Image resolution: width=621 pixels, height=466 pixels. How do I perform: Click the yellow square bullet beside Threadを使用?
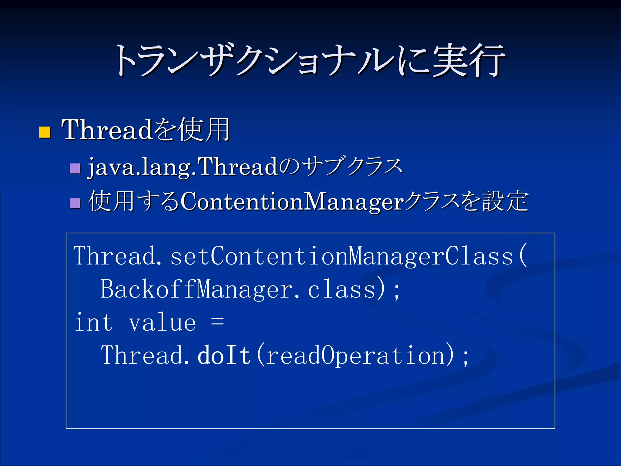tap(45, 133)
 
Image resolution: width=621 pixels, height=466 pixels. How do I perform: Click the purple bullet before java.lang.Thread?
tap(75, 168)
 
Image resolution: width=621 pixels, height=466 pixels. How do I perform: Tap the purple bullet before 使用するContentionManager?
tap(75, 203)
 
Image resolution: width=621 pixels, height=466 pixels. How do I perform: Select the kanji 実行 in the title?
tap(468, 60)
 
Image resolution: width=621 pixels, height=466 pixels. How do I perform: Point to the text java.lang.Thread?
tap(182, 167)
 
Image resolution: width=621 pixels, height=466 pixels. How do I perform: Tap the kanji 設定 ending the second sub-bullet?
tap(505, 201)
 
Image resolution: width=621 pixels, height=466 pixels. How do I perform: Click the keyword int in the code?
tap(93, 322)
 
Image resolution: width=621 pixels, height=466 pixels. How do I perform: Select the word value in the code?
tap(162, 322)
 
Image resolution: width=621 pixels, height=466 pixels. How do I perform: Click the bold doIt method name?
tap(224, 355)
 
